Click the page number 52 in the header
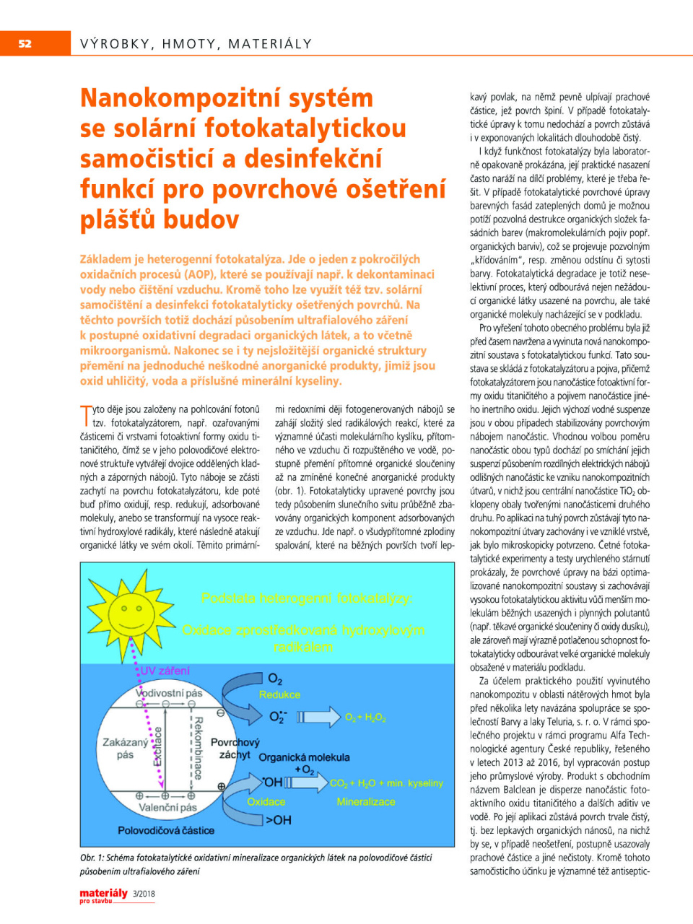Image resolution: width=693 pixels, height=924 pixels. [25, 43]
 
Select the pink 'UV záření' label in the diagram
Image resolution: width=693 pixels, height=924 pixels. [165, 671]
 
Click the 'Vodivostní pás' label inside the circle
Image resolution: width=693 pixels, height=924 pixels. [169, 693]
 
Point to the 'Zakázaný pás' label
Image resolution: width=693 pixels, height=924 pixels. [125, 748]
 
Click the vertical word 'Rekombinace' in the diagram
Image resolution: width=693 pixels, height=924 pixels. [199, 748]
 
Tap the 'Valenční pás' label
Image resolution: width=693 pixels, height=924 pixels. [167, 808]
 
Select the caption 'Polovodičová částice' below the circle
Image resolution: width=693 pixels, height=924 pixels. [166, 831]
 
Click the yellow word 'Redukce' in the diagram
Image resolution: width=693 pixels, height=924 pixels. [279, 694]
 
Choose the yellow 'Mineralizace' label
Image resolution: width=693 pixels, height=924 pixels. [366, 801]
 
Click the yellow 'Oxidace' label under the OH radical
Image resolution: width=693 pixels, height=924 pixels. [266, 801]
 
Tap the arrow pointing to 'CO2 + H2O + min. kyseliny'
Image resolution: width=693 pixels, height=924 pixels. [307, 783]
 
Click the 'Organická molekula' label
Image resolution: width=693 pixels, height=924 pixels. [304, 757]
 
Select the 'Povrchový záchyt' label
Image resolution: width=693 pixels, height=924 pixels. [235, 748]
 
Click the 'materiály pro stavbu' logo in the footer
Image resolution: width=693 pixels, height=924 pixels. [103, 894]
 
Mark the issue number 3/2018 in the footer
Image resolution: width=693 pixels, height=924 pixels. [144, 894]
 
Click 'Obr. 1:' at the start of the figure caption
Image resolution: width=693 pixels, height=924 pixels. [92, 858]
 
